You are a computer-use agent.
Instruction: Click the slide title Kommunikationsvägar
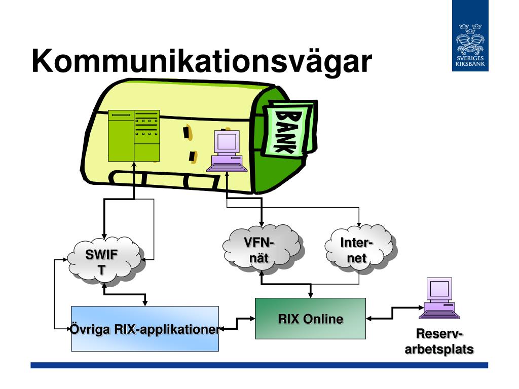(x=202, y=61)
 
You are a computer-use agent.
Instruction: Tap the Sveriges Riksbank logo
(x=470, y=36)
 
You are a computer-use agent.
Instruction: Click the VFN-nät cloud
(x=262, y=250)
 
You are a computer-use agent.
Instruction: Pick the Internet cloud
(x=360, y=250)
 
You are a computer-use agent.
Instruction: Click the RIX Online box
(x=311, y=319)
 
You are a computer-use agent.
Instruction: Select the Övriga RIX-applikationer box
(x=145, y=329)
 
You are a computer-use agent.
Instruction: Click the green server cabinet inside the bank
(x=134, y=136)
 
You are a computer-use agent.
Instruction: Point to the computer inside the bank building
(x=227, y=151)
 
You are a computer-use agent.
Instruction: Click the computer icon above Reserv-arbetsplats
(x=439, y=298)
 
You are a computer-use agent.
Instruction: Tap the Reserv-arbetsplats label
(x=439, y=341)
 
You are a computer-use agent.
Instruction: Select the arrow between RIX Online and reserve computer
(x=393, y=313)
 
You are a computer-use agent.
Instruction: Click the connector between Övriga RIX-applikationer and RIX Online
(x=237, y=324)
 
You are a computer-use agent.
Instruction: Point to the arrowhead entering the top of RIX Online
(x=311, y=295)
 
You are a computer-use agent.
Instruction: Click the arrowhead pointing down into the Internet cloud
(x=359, y=224)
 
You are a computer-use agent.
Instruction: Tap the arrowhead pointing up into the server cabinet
(x=134, y=165)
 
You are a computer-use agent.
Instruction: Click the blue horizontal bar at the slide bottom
(x=259, y=365)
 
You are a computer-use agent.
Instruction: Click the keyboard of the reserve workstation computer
(x=439, y=315)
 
